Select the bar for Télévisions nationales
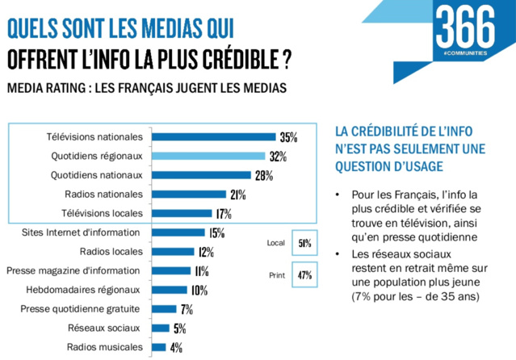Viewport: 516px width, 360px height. point(213,137)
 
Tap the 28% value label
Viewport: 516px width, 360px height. point(264,175)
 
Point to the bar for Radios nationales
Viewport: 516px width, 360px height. point(189,195)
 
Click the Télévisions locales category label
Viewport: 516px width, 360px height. point(102,213)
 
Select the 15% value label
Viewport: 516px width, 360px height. point(216,233)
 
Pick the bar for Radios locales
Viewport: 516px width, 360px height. point(171,252)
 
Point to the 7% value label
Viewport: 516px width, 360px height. point(187,309)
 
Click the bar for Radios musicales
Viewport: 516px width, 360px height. point(158,347)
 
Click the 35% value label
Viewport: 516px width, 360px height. point(288,137)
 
